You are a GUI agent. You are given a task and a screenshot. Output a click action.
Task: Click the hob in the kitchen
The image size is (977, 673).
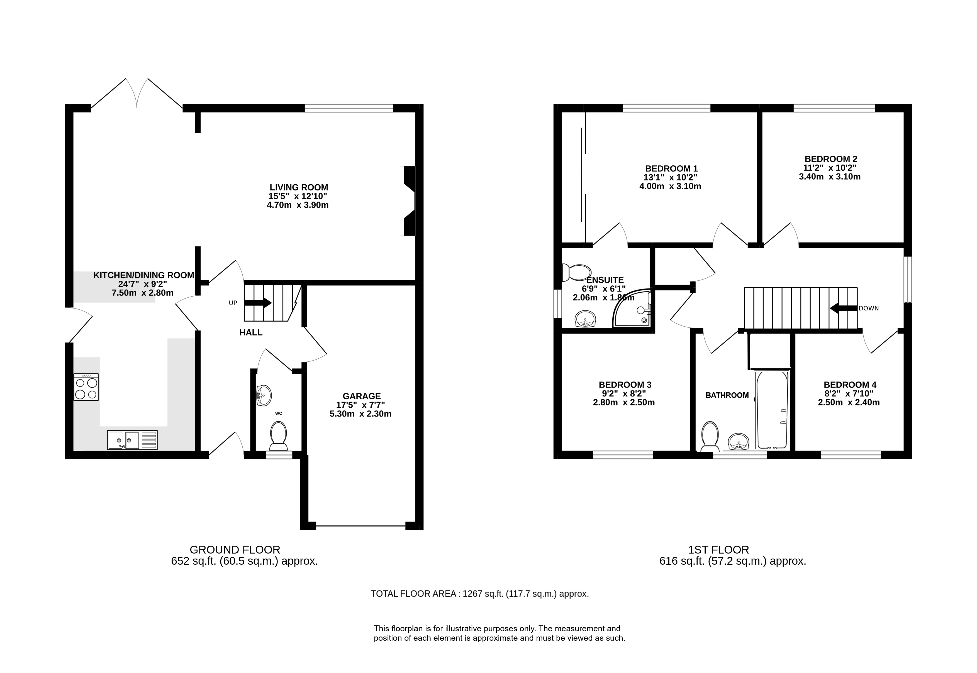pos(86,387)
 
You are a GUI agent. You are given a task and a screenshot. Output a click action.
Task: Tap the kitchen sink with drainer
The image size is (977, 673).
pos(132,440)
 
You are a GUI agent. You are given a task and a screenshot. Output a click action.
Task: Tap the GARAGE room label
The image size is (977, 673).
pos(362,396)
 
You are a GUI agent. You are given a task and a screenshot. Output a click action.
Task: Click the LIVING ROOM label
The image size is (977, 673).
pos(299,187)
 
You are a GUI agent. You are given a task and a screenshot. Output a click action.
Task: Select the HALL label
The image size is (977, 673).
pos(251,332)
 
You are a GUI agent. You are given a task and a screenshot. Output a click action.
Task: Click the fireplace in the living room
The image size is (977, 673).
pos(408,201)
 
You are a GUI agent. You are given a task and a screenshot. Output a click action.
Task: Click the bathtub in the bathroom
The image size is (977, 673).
pos(772,409)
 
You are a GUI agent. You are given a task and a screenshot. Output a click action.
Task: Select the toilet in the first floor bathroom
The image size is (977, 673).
pos(710,436)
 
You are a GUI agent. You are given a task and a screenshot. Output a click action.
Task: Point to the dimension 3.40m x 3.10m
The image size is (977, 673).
pos(830,177)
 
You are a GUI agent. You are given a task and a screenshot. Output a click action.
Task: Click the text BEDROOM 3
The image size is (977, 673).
pos(625,385)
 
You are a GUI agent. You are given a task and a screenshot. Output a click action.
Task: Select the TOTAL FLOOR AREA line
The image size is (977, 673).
pos(480,594)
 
